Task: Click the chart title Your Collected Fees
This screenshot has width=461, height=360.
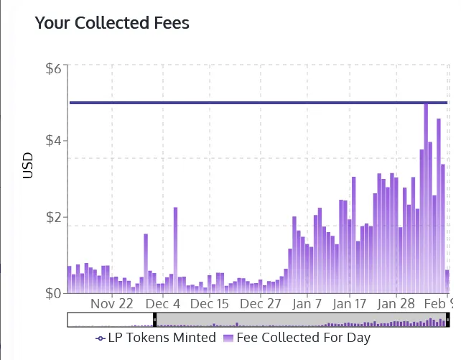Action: click(112, 23)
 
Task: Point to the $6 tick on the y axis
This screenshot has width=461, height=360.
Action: click(56, 70)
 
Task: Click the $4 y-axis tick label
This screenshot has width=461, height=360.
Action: click(56, 140)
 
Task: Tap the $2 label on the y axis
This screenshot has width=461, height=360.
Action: click(56, 217)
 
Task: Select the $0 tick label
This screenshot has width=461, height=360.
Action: click(56, 293)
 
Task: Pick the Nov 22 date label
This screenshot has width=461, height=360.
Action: click(113, 303)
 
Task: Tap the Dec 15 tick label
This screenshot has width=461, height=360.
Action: click(210, 303)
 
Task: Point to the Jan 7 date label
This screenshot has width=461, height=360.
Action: click(307, 303)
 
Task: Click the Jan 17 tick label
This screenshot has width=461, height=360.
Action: click(350, 303)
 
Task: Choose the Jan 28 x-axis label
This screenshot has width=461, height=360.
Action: click(397, 303)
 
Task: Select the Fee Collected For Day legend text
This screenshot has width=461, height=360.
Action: click(303, 337)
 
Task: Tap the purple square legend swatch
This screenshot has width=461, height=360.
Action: click(229, 338)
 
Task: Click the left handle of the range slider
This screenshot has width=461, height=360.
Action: click(154, 319)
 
